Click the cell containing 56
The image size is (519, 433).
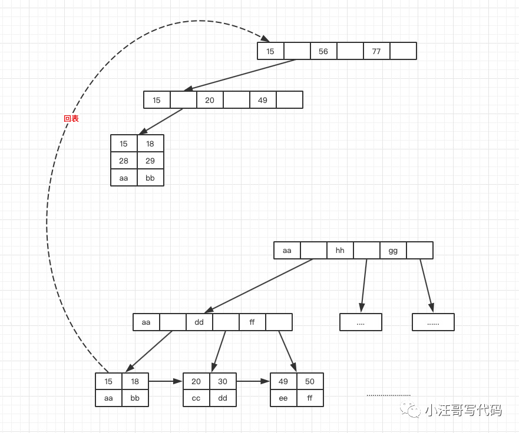coord(323,51)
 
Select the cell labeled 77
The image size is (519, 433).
coord(376,51)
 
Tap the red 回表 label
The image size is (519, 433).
coord(71,118)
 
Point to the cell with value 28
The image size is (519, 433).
coord(124,161)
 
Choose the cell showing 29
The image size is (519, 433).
coord(150,161)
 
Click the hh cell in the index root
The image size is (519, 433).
coord(340,251)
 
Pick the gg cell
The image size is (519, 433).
coord(393,251)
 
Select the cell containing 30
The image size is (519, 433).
coord(223,381)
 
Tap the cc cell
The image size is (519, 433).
coord(196,398)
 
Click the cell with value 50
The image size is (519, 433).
coord(310,381)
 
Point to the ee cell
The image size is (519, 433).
coord(283,398)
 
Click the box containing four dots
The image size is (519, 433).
coord(361,322)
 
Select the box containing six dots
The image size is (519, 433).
coord(433,322)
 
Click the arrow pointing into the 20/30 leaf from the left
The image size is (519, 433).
coord(166,381)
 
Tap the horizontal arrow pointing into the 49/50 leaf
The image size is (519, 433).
coord(253,381)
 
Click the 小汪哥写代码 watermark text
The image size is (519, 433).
coord(462,410)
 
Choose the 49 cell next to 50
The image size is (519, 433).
coord(283,381)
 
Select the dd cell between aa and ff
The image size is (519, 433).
coord(199,322)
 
